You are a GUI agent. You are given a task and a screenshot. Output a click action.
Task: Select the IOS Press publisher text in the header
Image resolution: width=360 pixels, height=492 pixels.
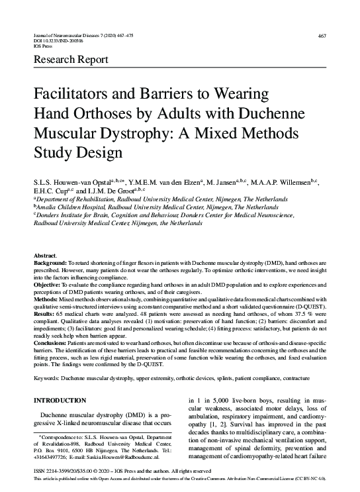(x=43, y=46)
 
